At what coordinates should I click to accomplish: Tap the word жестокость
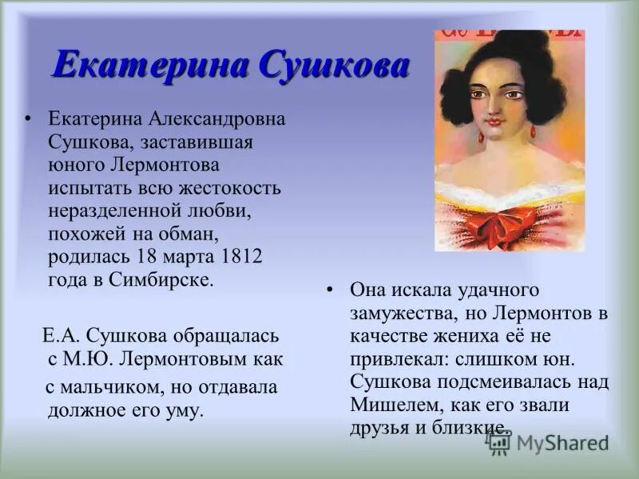229,189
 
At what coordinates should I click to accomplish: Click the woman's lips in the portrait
494,121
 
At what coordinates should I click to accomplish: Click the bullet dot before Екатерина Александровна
30,120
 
